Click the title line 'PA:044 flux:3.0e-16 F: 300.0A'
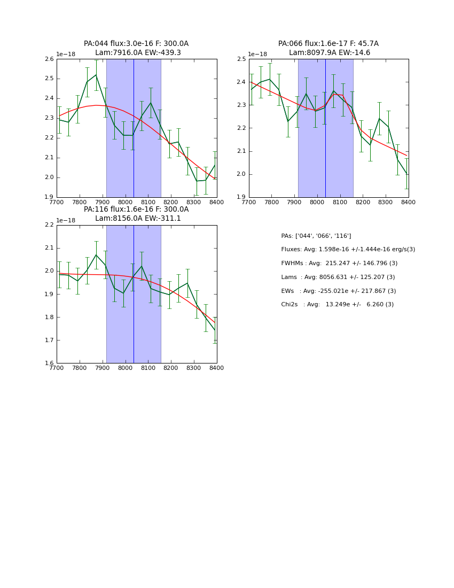point(136,44)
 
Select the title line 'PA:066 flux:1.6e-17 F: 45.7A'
point(328,44)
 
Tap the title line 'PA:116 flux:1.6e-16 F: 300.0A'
point(136,210)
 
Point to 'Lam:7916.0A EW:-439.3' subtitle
point(138,53)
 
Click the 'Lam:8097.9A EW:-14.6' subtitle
point(330,53)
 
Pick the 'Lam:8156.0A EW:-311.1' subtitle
point(138,219)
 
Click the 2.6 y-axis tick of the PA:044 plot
point(49,59)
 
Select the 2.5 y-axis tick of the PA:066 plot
point(241,59)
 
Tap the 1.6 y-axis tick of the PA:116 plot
point(49,363)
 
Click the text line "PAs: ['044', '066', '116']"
point(316,236)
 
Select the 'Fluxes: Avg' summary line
point(348,250)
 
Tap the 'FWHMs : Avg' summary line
point(339,264)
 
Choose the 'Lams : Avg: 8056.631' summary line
point(338,277)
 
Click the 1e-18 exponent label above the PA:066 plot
point(257,55)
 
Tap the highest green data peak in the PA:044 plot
point(96,75)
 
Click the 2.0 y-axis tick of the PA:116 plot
point(49,271)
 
